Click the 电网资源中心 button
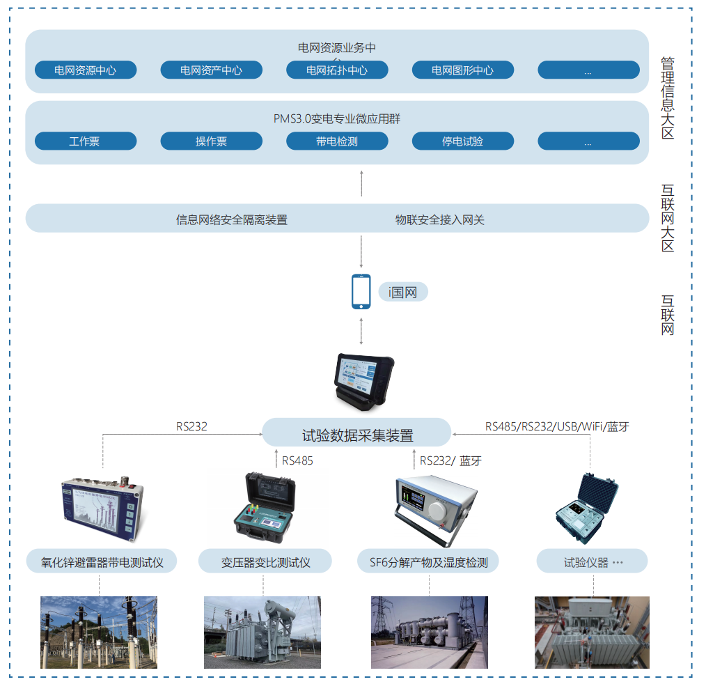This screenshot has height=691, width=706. (86, 70)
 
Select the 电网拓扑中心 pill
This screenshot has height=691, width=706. (337, 70)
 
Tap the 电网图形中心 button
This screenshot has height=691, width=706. (463, 70)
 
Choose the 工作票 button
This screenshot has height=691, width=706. (86, 141)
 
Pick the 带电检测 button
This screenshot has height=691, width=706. (337, 141)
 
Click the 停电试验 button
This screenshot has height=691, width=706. (463, 141)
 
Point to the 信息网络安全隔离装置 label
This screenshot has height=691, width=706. (232, 220)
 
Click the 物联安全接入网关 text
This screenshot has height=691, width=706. (440, 220)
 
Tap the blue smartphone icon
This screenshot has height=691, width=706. (361, 291)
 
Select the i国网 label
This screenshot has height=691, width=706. (403, 293)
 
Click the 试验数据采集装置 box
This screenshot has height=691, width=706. (357, 435)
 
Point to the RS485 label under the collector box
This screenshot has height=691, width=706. (297, 460)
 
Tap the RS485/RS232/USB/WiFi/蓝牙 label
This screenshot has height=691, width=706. (557, 426)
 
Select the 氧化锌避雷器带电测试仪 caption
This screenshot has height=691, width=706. (102, 562)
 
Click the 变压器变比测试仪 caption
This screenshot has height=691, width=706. (265, 562)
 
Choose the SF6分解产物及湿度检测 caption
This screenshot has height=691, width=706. (428, 562)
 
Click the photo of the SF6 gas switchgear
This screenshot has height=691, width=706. (429, 632)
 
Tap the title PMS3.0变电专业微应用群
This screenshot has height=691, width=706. (336, 119)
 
